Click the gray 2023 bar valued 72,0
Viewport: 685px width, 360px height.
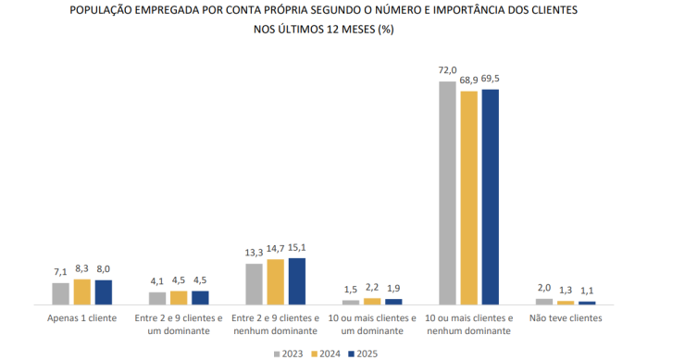coord(448,192)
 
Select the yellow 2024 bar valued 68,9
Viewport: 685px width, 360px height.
coord(469,197)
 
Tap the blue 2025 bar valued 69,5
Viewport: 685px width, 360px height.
coord(491,196)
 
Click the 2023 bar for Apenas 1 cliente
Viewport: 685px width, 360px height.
coord(61,293)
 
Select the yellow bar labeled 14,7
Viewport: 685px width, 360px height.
coord(276,281)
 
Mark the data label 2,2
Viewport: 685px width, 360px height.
coord(373,289)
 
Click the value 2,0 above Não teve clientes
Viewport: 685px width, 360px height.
coord(544,289)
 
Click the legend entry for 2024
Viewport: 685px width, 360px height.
coord(326,353)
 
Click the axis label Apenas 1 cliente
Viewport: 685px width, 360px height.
coord(83,317)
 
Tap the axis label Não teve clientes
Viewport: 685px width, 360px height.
coord(566,317)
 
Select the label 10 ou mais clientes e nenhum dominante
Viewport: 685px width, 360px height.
coord(469,324)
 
